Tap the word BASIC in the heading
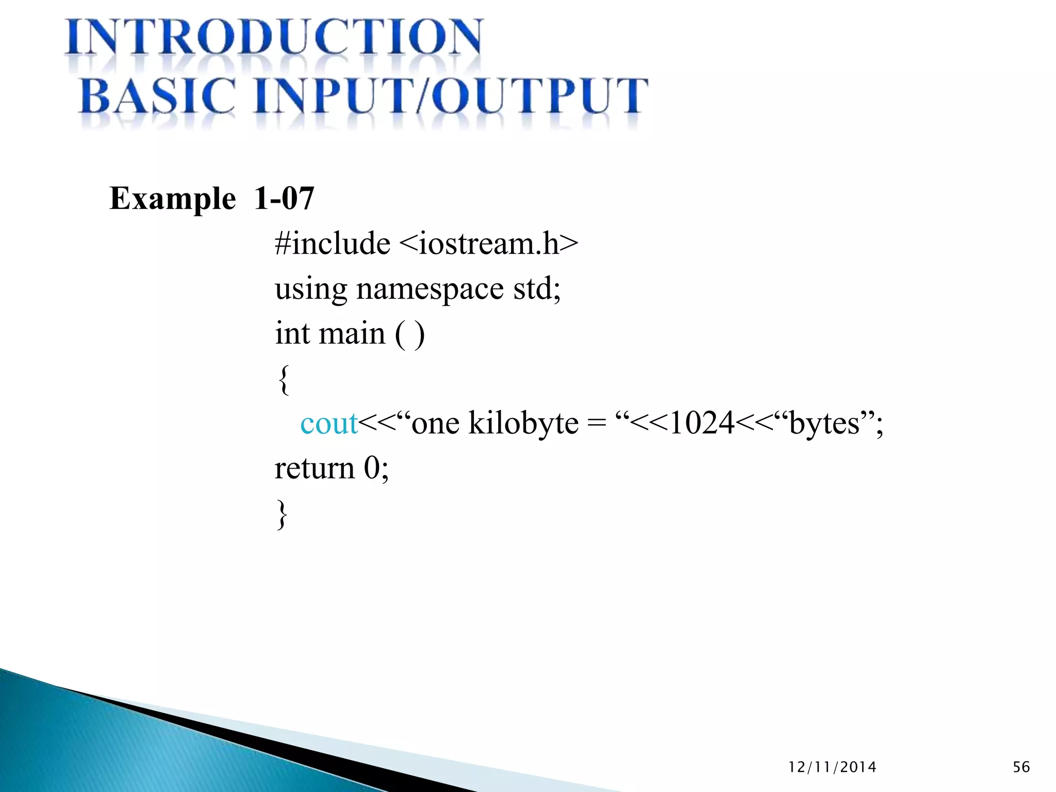(x=158, y=96)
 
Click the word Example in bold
(x=173, y=199)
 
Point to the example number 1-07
(x=284, y=198)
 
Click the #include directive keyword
(x=333, y=243)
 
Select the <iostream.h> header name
(x=489, y=243)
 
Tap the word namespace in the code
(x=430, y=289)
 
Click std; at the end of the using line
(x=537, y=288)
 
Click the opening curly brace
(x=284, y=379)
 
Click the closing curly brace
(x=282, y=514)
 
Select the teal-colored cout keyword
(x=329, y=424)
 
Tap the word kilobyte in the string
(x=523, y=424)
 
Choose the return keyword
(x=315, y=469)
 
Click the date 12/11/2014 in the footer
(x=832, y=767)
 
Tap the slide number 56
(x=1021, y=767)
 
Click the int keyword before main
(x=292, y=333)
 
